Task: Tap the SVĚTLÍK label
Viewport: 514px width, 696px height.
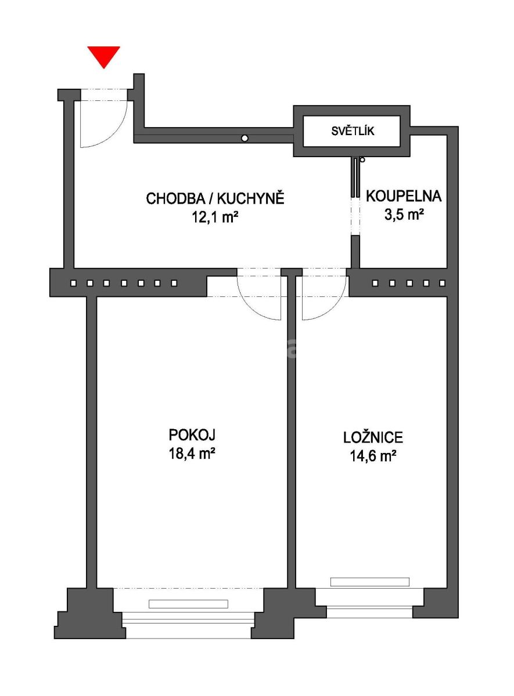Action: [353, 131]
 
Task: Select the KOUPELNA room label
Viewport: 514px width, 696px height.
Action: [404, 197]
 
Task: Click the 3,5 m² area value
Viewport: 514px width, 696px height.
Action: [404, 215]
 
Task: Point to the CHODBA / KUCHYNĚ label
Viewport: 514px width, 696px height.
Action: [215, 199]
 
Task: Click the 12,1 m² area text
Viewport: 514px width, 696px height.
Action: [215, 217]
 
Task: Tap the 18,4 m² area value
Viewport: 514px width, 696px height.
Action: [192, 454]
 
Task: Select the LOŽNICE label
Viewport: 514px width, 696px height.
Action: [373, 437]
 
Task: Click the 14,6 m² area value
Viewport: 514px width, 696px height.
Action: [373, 456]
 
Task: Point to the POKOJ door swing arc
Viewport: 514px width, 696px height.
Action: [252, 308]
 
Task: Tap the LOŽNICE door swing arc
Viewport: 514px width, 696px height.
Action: [332, 307]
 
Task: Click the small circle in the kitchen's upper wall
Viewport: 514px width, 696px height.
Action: [245, 138]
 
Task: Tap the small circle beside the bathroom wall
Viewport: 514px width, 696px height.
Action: [362, 159]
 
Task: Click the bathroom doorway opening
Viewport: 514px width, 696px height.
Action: [355, 216]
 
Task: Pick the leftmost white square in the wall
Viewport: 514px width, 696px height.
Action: [73, 283]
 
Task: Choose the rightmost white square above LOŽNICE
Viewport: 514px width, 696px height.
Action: [443, 283]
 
